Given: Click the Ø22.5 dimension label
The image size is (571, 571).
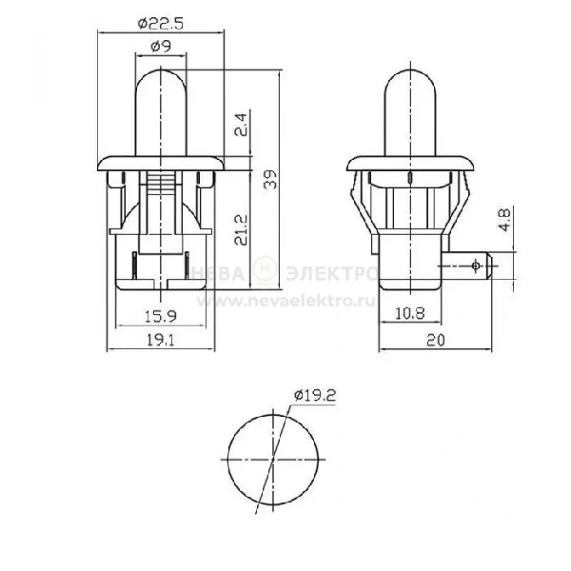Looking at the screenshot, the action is pos(161,24).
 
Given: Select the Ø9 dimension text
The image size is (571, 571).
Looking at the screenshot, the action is pos(161,47).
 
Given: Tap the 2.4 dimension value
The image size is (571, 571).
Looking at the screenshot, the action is pos(241,125).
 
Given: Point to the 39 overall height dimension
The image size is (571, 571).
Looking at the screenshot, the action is pos(270,180).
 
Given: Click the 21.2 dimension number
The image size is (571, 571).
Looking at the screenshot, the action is pos(241,229).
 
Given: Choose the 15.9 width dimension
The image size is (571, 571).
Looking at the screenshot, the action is pos(161,316).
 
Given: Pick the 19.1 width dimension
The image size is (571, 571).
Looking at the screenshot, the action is pos(161,340).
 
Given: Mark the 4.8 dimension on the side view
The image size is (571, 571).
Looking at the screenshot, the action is pos(505,220).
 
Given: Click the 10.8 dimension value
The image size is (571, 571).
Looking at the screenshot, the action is pos(409,313).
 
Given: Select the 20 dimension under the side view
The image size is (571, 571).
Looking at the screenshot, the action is pos(436,341).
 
